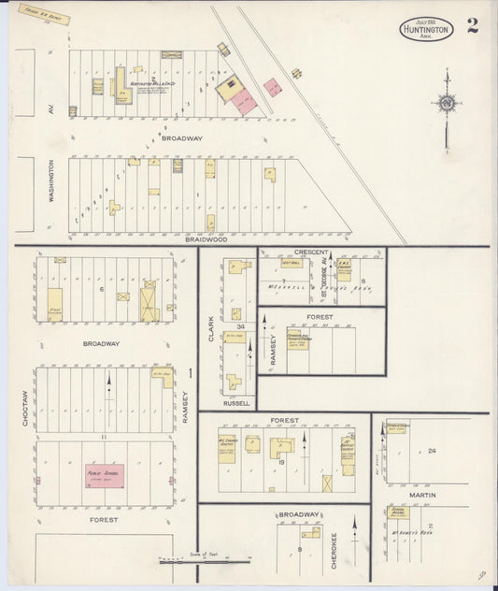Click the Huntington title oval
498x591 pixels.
pos(427,29)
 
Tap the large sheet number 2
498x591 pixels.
pos(473,25)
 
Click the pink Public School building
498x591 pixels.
pos(105,473)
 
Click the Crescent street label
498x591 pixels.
pos(311,252)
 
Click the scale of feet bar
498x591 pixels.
pos(206,561)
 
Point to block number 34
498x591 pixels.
pos(240,326)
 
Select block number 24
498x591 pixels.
pos(432,451)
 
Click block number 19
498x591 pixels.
pos(280,462)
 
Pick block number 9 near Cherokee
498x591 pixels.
pos(298,548)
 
